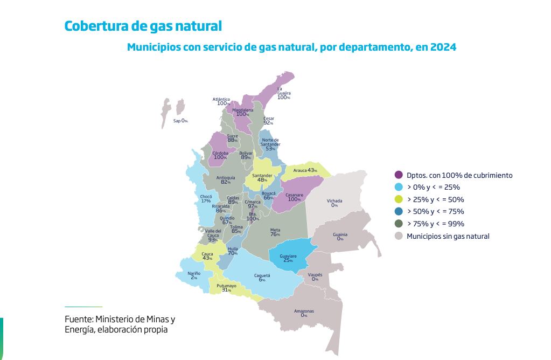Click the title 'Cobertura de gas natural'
tap(143, 26)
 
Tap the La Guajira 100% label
tap(283, 93)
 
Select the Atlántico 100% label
tap(221, 101)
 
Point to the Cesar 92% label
tap(268, 121)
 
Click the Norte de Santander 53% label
tap(270, 144)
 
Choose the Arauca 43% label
tap(305, 170)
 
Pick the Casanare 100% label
tap(294, 197)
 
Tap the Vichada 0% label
tap(334, 203)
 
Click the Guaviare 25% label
tap(288, 258)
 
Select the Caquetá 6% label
tap(262, 278)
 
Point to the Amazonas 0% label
tap(304, 313)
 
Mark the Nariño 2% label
tap(194, 275)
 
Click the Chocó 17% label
tap(206, 199)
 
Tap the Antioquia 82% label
tap(226, 180)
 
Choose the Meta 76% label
tap(275, 232)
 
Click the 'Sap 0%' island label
tap(180, 121)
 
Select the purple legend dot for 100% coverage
tap(399, 175)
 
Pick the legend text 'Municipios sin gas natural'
tap(448, 236)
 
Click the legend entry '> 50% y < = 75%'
tap(435, 211)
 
